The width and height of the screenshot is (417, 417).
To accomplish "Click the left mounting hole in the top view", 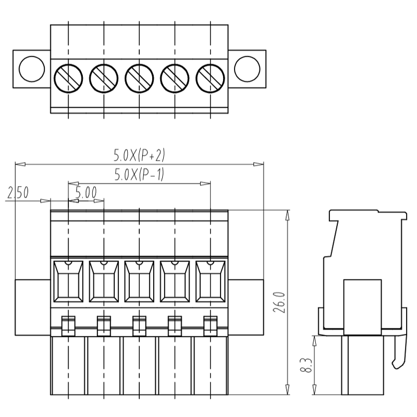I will [31, 68].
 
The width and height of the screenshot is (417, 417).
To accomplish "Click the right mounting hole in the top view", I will [247, 68].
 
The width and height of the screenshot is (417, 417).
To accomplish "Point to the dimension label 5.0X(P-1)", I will [139, 175].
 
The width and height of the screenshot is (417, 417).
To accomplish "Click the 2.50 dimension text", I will [18, 193].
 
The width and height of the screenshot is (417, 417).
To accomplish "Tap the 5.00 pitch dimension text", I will [86, 193].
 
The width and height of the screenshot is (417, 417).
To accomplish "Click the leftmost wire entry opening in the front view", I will [68, 281].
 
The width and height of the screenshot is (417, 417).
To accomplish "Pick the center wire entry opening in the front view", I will [139, 281].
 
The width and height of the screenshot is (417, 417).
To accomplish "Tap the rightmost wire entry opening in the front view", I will [210, 281].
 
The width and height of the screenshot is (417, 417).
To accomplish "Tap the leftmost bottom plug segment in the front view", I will [68, 365].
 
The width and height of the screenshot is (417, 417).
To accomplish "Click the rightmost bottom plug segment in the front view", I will [211, 365].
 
